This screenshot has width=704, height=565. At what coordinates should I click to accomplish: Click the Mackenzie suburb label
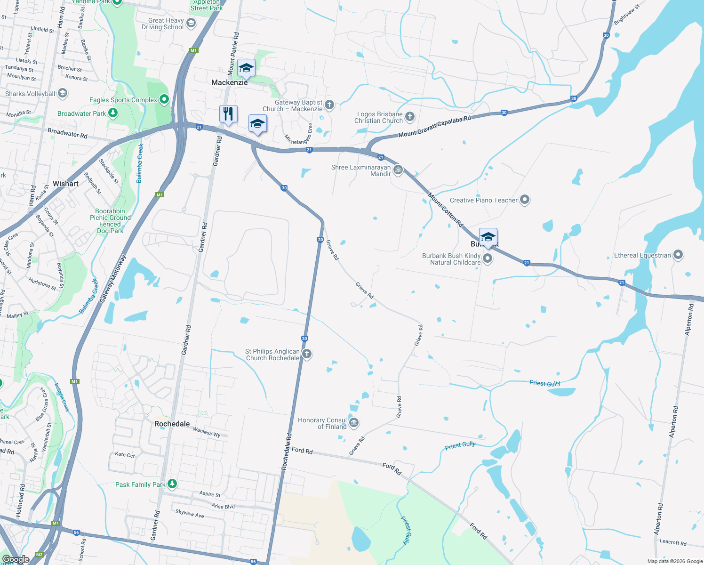pos(229,82)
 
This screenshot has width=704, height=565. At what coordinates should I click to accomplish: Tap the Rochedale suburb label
pos(172,424)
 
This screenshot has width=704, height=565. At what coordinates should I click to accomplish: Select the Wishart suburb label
pos(65,184)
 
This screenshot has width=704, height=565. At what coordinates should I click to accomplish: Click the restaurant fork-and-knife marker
pos(228,114)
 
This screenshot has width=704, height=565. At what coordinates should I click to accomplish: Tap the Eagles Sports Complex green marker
pos(164,99)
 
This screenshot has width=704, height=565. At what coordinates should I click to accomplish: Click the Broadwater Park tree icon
pos(113,113)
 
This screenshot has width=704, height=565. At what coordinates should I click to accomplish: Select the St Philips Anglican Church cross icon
pos(307,354)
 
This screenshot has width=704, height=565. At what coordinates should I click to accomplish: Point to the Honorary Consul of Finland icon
pos(354,423)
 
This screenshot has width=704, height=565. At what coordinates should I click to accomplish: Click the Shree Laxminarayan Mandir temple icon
pos(398,170)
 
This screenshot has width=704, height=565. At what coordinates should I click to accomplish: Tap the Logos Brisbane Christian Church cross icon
pos(410,117)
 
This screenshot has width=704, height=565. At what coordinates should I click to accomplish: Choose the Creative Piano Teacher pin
pos(525,200)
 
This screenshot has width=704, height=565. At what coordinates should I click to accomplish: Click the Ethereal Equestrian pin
pos(678,255)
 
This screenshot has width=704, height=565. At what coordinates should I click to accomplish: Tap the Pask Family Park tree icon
pos(172,484)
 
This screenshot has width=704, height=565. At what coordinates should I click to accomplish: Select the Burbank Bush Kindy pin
pos(488,258)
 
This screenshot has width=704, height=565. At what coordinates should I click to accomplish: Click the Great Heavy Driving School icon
pos(191,23)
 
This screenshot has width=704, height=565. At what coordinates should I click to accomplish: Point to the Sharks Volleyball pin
pos(62,93)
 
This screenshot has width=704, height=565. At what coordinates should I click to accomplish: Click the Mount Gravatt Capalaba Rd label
pos(434,127)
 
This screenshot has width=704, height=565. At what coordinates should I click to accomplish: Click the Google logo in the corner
pos(16,559)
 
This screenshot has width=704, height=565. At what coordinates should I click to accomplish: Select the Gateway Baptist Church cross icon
pos(329,105)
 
